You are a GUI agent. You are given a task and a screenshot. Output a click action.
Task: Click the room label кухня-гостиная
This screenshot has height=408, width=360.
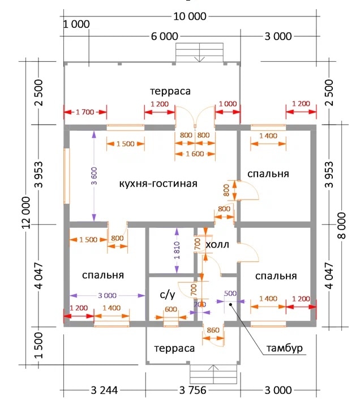[158, 184]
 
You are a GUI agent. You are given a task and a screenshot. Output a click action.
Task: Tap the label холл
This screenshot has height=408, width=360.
[217, 245]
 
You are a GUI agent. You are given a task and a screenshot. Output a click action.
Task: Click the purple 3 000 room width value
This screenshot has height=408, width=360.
[106, 295]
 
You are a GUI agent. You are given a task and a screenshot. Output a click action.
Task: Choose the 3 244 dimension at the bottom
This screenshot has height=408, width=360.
[104, 390]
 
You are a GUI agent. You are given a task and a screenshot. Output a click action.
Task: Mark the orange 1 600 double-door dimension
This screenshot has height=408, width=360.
[194, 153]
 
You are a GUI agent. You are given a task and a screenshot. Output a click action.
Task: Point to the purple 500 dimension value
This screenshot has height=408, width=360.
[230, 293]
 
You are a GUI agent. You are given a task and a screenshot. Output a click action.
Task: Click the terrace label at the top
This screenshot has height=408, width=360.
[170, 91]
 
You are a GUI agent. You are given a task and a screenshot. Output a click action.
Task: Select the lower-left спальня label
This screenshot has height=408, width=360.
[102, 275]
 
